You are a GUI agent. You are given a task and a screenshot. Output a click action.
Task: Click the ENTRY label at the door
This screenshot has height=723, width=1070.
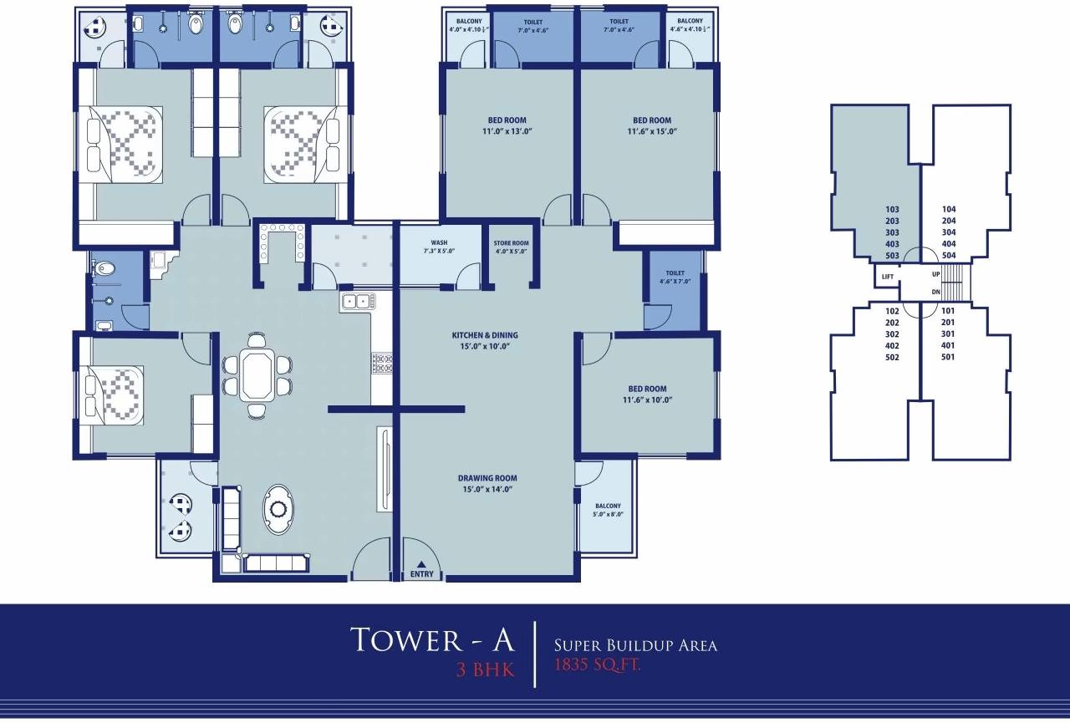(x=422, y=574)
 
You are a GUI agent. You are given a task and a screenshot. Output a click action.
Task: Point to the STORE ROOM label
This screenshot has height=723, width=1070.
(x=511, y=247)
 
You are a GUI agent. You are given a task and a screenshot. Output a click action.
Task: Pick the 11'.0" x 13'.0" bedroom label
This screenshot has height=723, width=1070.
(x=507, y=125)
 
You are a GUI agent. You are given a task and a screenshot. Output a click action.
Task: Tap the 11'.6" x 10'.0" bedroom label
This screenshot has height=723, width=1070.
(x=648, y=394)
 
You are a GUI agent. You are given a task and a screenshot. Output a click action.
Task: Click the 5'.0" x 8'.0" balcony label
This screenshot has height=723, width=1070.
(x=608, y=511)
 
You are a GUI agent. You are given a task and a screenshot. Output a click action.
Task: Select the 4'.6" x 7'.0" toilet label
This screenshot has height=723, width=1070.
(x=675, y=277)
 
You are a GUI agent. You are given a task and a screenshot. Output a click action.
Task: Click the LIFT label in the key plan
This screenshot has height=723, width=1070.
(x=887, y=276)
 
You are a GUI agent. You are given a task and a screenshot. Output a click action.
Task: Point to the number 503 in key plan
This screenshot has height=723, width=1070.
(x=892, y=256)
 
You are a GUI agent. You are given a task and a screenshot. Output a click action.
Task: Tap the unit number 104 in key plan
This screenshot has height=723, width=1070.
(x=948, y=210)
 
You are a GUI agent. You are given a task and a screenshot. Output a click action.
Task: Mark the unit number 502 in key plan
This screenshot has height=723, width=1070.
(x=892, y=357)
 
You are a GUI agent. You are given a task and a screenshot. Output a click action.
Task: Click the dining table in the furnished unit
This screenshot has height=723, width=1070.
(x=257, y=376)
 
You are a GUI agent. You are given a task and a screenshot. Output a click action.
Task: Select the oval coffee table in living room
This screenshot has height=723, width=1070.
(x=278, y=510)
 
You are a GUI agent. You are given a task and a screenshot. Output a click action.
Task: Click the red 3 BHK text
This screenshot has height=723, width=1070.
(x=485, y=670)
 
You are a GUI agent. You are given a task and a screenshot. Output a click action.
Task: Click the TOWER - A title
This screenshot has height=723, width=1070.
(x=432, y=639)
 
